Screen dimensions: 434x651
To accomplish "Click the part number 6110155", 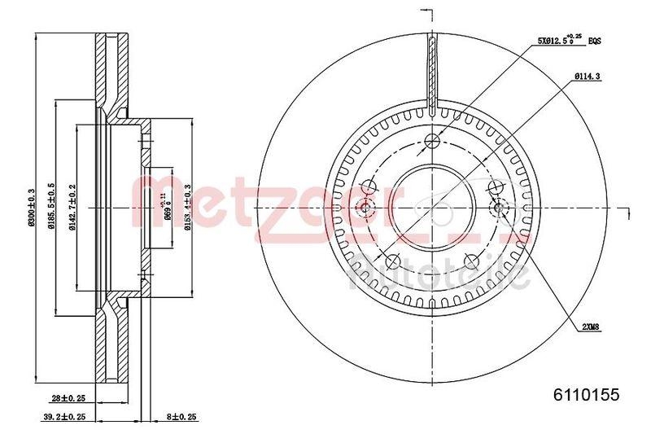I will pos(587,395).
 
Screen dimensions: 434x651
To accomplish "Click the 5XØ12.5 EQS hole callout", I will pos(570,38).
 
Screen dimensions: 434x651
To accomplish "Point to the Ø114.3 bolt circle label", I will pos(587,77).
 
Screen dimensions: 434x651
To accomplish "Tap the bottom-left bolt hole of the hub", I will pos(391,261).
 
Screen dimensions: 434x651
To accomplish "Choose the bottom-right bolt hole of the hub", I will pos(470,261).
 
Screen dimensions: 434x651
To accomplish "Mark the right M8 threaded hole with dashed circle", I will pos(500,208).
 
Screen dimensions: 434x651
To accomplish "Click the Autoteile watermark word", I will pos(439,277).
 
